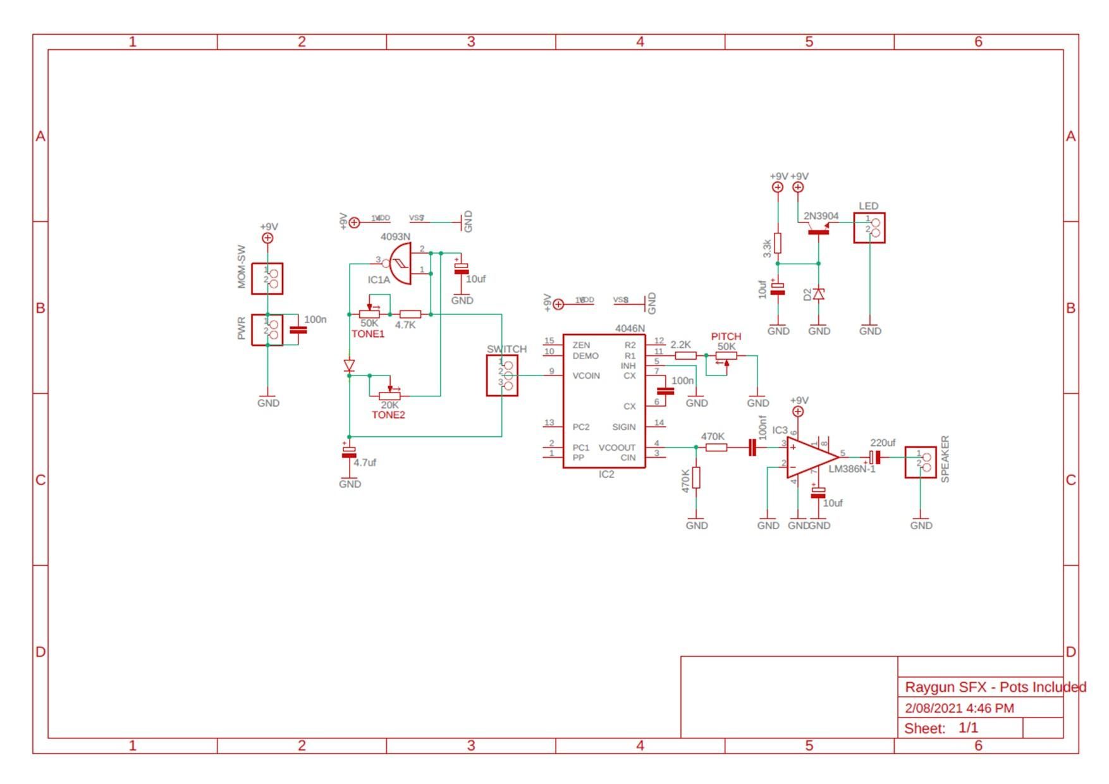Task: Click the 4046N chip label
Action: tap(630, 328)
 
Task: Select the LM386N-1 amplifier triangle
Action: tap(812, 456)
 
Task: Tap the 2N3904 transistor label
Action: tap(821, 216)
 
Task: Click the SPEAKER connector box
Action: tap(921, 462)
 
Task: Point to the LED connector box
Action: tap(869, 228)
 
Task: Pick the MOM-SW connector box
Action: tap(267, 279)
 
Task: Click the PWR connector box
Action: tap(267, 329)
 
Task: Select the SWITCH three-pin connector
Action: tap(502, 376)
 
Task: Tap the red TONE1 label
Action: tap(368, 334)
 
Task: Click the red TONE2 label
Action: tap(388, 415)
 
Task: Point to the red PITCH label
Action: tap(726, 336)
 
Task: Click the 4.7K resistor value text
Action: tap(405, 325)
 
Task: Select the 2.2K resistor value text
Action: tap(681, 345)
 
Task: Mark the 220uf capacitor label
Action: tap(883, 443)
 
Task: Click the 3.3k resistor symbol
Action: tap(778, 243)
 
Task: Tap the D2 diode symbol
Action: tap(819, 294)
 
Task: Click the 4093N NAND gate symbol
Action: tap(400, 264)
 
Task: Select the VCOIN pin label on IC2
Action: tap(586, 376)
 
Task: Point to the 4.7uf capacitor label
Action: tap(365, 462)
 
